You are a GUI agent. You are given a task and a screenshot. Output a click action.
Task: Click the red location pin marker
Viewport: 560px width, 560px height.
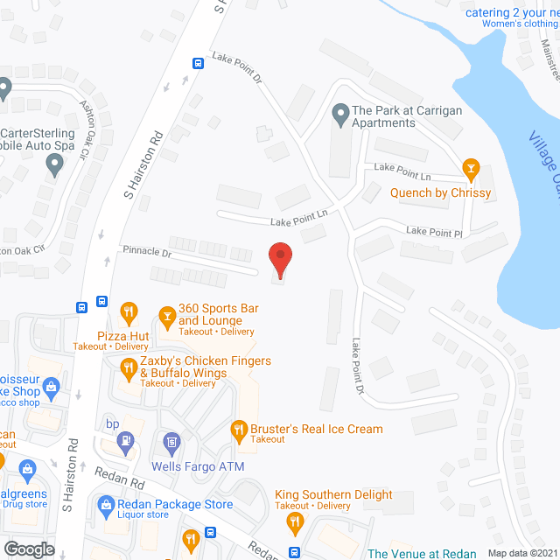[x=279, y=260]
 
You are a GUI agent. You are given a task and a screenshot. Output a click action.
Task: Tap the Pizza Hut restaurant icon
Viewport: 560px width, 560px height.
[x=129, y=311]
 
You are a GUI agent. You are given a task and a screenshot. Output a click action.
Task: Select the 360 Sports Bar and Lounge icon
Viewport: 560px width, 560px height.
[x=166, y=313]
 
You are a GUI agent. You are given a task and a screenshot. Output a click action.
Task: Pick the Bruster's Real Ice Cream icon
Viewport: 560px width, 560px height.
[x=237, y=430]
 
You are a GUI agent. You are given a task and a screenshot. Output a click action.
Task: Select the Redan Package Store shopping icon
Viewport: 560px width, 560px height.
[x=106, y=504]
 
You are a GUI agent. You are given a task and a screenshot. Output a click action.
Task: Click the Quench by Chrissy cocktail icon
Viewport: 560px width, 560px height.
[x=471, y=167]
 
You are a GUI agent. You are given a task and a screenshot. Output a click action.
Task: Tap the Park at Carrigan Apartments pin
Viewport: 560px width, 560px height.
[x=339, y=113]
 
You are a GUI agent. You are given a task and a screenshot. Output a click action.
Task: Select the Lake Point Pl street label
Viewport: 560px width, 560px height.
[x=433, y=232]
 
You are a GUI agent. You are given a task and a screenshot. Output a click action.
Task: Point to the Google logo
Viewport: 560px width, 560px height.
[x=29, y=549]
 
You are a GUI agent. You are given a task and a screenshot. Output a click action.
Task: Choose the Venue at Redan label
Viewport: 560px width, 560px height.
[x=422, y=553]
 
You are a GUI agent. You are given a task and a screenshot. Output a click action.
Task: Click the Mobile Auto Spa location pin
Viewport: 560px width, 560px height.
[x=55, y=163]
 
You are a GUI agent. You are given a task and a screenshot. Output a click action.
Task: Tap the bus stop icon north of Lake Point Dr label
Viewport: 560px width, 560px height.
[x=198, y=63]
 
